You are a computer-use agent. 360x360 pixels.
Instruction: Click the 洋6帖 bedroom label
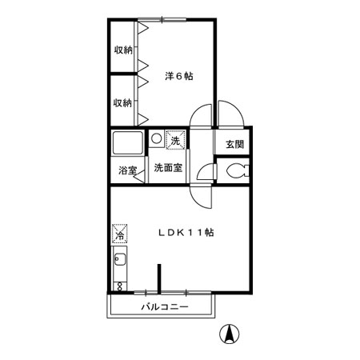click(179, 76)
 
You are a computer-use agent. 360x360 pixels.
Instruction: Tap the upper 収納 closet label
click(122, 50)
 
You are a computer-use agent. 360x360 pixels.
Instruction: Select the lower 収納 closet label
click(122, 102)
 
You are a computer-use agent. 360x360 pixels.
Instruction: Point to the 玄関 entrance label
click(234, 145)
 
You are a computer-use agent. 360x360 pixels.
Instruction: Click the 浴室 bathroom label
click(126, 170)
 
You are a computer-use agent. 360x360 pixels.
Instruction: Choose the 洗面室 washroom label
click(168, 168)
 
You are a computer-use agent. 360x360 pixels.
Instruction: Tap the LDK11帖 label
click(185, 233)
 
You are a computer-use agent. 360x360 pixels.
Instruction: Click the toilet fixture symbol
click(235, 170)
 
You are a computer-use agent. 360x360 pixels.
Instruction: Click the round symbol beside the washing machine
click(157, 138)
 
